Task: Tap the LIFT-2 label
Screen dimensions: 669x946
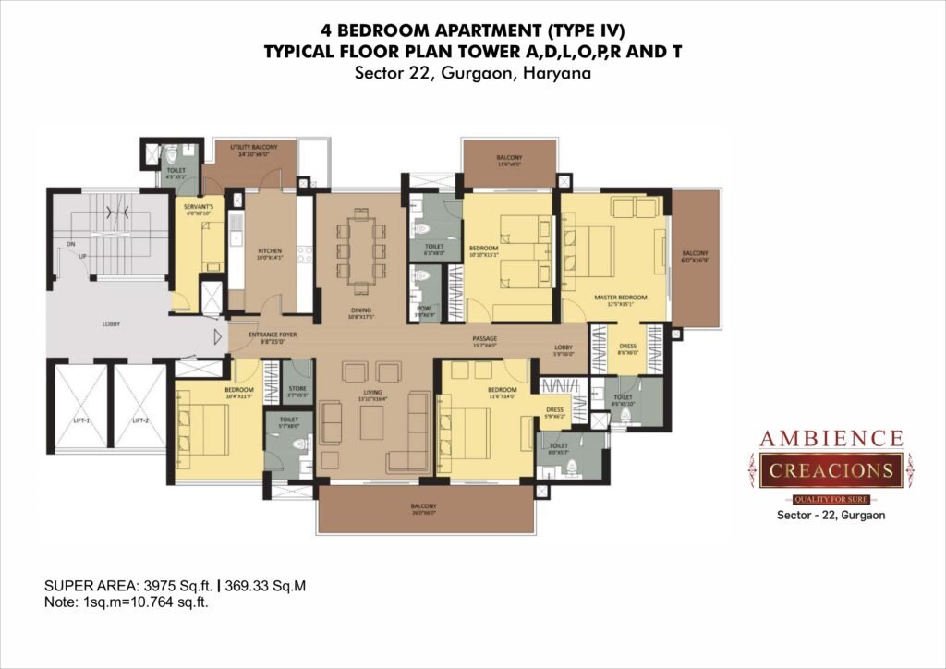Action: pyautogui.click(x=139, y=420)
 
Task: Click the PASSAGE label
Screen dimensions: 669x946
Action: pyautogui.click(x=484, y=339)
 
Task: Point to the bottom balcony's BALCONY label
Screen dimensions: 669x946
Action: pyautogui.click(x=424, y=506)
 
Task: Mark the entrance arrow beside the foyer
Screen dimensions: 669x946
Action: pyautogui.click(x=219, y=338)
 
